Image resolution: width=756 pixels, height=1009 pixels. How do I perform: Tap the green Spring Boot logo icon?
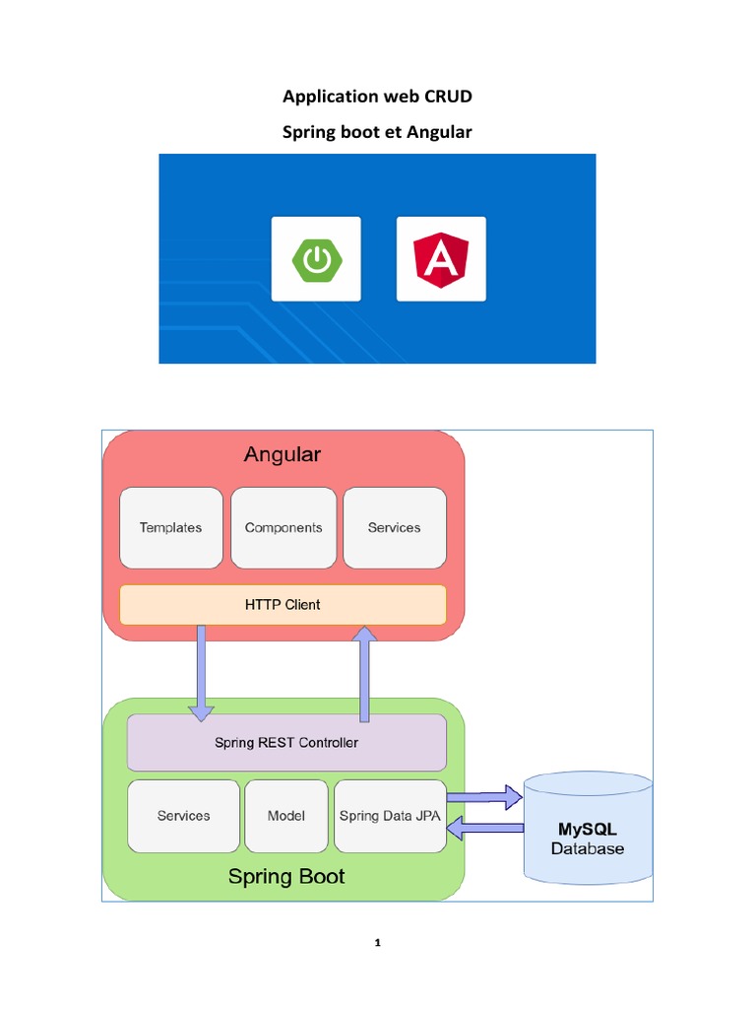pos(316,259)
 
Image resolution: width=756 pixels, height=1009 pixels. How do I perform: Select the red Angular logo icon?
pos(441,259)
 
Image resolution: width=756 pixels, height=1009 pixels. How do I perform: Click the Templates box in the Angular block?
pos(170,527)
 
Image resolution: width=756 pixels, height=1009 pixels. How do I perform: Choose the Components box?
pos(283,527)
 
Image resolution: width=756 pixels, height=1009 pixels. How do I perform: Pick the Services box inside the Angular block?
pos(394,527)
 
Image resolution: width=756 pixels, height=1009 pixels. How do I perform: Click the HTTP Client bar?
pos(283,604)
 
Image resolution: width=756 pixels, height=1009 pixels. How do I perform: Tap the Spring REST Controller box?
pos(286,742)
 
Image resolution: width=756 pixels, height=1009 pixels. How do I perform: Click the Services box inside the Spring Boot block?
pos(183,816)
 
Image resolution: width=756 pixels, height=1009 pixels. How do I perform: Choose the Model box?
pos(285,816)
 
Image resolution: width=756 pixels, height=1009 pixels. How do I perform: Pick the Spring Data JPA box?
pos(390,816)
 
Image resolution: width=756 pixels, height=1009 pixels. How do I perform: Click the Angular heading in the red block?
pos(282,454)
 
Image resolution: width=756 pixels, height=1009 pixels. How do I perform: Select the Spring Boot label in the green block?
pos(286,876)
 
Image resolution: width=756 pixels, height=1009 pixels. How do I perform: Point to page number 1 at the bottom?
pos(377,943)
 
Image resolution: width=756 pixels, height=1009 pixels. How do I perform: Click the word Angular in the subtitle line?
pos(440,131)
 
